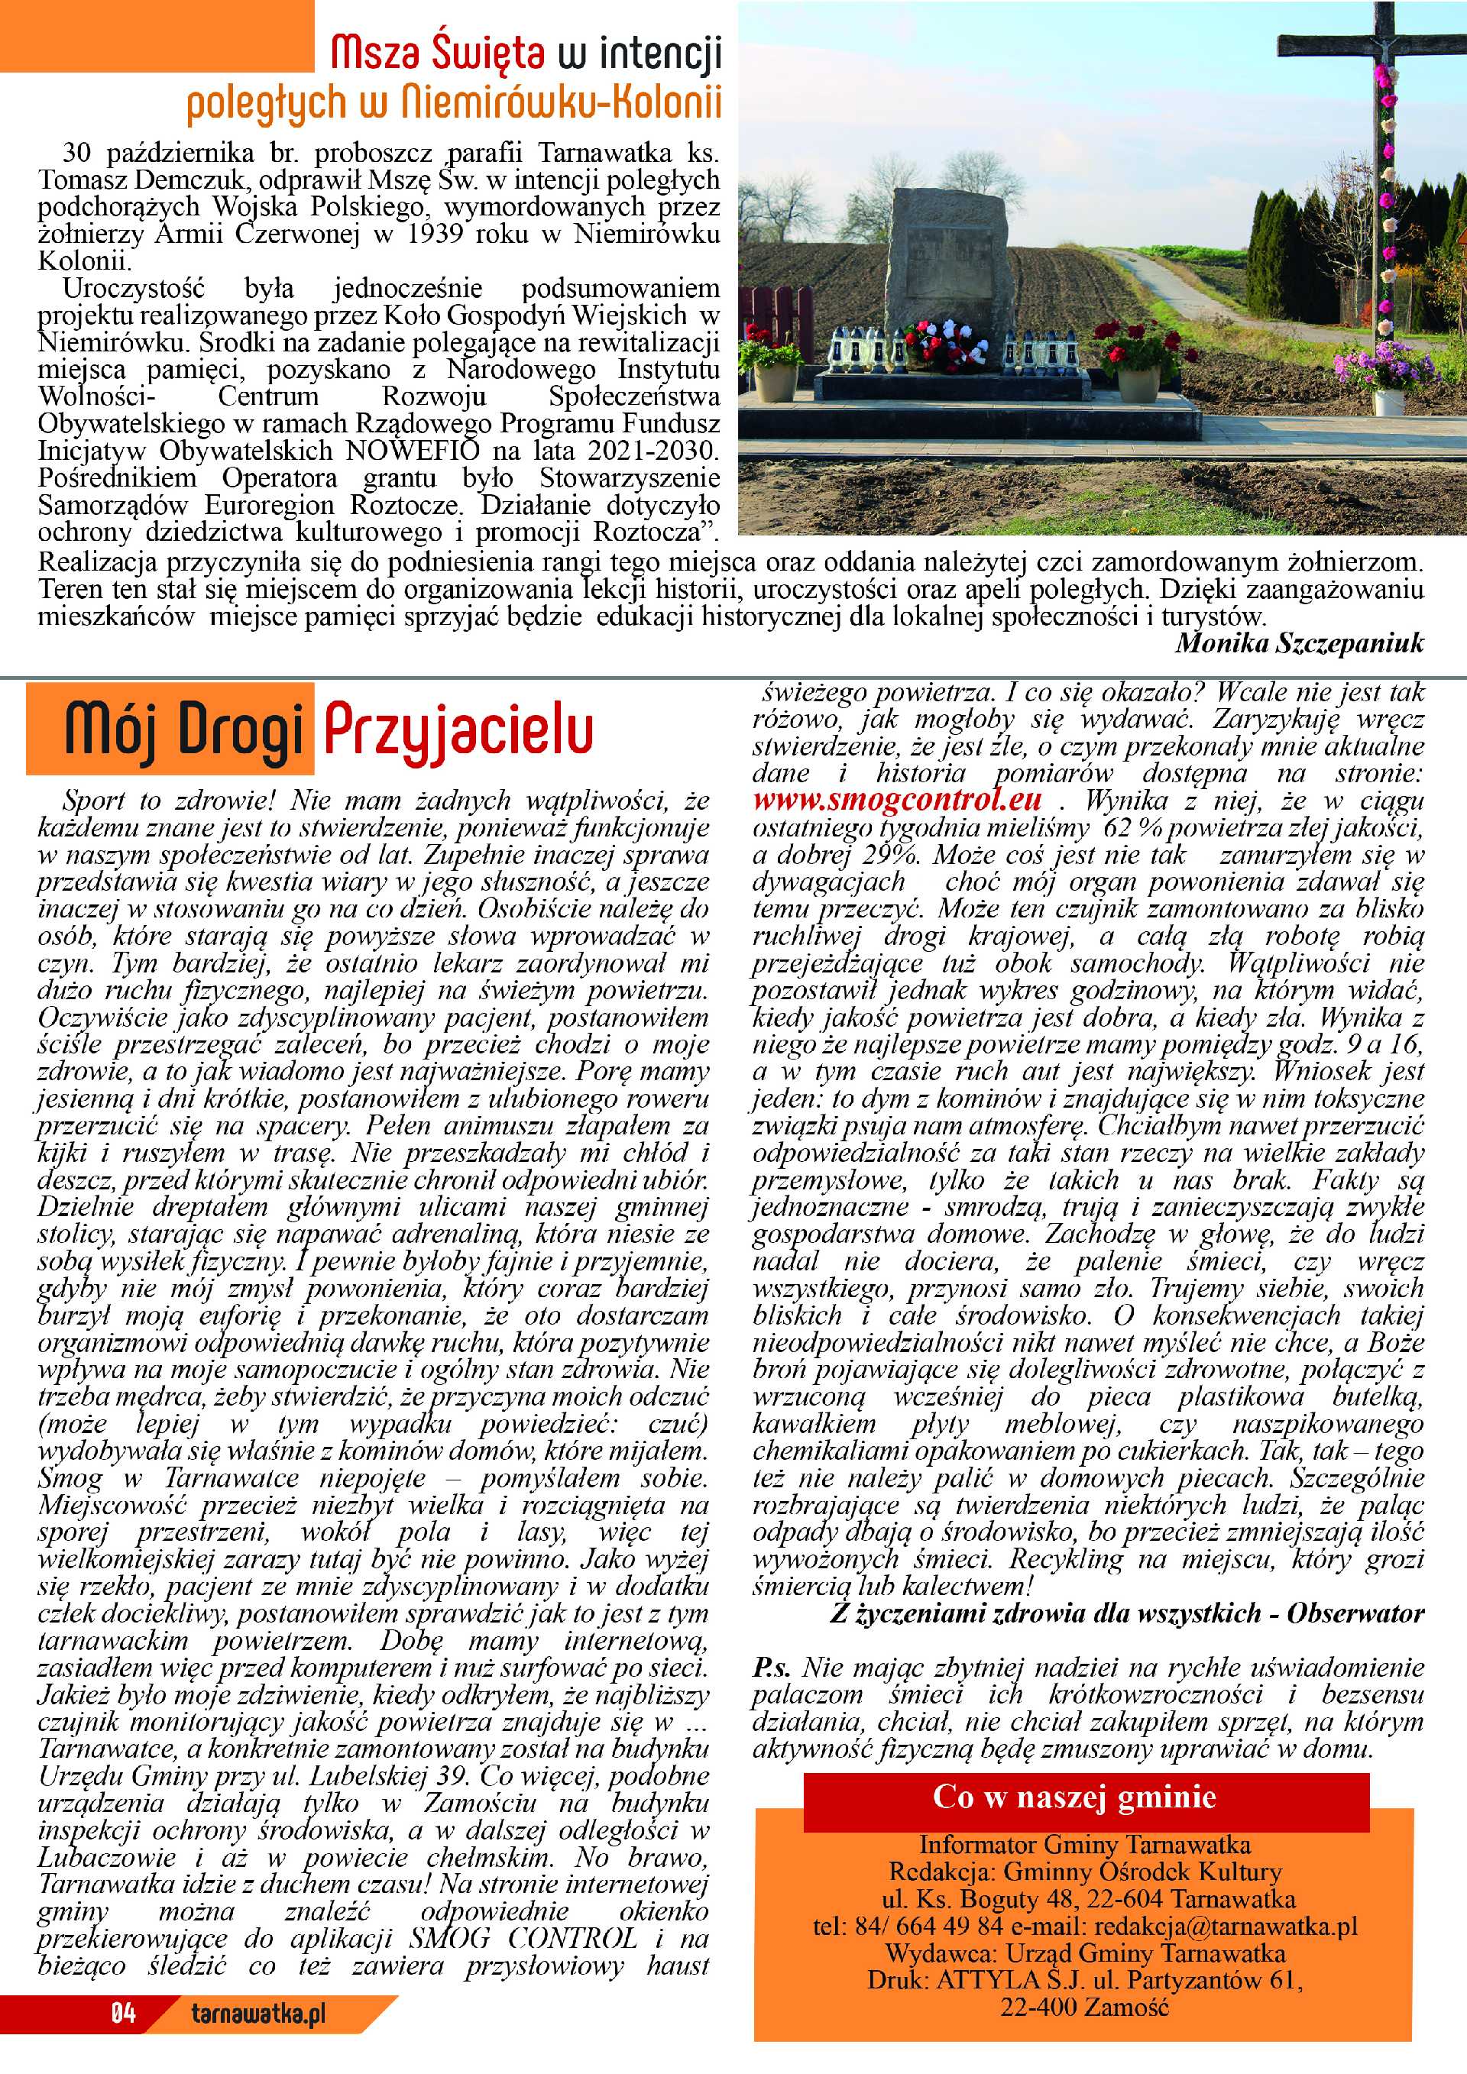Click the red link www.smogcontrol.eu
897,800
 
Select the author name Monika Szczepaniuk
1299,642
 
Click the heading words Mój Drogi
183,732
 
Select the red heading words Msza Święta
437,54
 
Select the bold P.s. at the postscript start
772,1668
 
